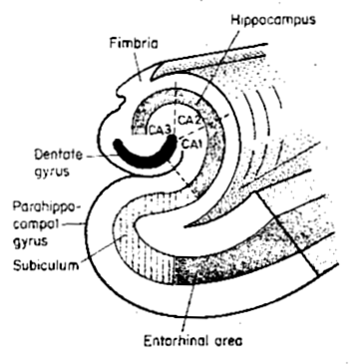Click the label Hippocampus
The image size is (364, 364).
pos(273,20)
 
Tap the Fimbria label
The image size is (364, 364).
pos(134,44)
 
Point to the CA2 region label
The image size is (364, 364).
pos(189,120)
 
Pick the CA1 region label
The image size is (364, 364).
pos(193,145)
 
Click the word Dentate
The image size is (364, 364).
pos(58,155)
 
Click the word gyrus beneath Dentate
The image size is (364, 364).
pos(52,172)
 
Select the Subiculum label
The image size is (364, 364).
pos(46,265)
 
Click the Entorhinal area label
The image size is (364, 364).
pos(193,341)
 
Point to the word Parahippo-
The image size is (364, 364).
pos(47,207)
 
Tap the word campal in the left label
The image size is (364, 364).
pos(36,224)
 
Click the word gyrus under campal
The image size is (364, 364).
pos(31,241)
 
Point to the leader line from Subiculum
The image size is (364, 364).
pos(103,249)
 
